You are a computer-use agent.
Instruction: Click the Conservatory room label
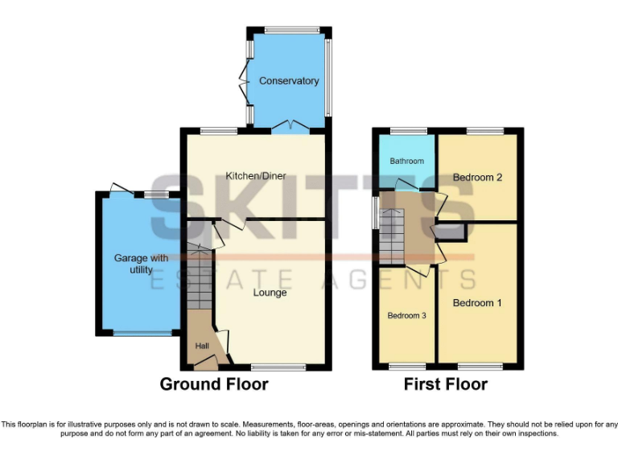pos(289,81)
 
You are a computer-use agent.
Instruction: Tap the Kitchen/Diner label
pos(256,177)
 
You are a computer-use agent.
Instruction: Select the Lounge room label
pos(270,293)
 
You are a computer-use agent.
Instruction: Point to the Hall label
pos(201,346)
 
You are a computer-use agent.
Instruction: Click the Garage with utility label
pos(142,264)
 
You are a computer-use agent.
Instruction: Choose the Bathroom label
pos(406,161)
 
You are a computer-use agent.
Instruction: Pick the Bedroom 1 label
pos(477,303)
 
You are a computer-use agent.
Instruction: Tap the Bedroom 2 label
pos(477,177)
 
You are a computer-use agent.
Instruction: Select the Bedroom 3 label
pos(406,316)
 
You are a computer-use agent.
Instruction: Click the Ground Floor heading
pos(214,384)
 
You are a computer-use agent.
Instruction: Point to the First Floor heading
pos(446,384)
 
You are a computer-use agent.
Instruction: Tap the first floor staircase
pos(392,235)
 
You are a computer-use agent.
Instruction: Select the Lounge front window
pos(278,367)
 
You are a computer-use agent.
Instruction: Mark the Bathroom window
pos(409,130)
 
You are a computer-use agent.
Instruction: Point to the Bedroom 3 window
pos(406,367)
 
